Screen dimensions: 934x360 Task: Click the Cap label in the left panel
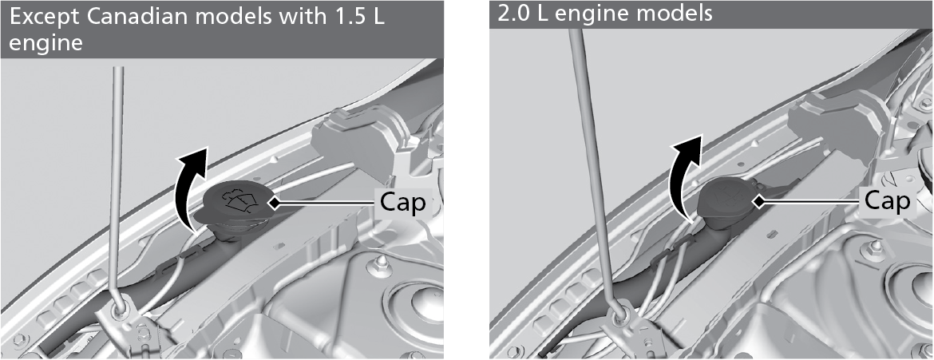pyautogui.click(x=402, y=203)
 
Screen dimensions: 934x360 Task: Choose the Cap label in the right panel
pyautogui.click(x=888, y=201)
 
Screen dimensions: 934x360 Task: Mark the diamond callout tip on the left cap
pyautogui.click(x=274, y=204)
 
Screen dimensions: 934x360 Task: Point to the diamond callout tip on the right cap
pyautogui.click(x=759, y=202)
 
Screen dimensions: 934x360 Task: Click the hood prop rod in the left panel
pyautogui.click(x=117, y=184)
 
